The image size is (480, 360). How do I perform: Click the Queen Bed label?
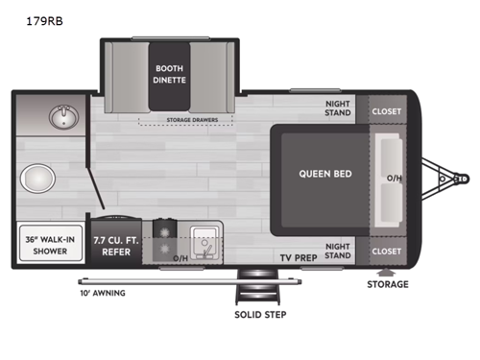click(x=324, y=174)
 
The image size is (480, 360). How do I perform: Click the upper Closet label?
click(x=386, y=110)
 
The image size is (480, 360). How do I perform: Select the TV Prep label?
click(x=299, y=257)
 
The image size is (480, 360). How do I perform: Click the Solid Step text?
click(x=259, y=315)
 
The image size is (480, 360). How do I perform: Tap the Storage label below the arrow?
click(x=387, y=284)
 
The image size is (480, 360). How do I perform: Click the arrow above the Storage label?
click(x=386, y=270)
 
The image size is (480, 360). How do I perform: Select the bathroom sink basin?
click(x=63, y=120)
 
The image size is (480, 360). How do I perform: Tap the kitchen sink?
click(x=204, y=240)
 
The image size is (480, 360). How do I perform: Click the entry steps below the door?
click(x=258, y=288)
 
